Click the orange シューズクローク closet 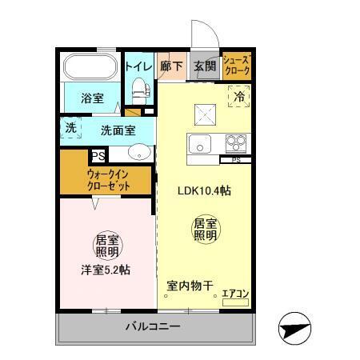click(x=237, y=66)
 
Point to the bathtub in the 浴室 click(x=90, y=66)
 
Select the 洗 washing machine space click(x=70, y=128)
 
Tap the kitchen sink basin click(x=199, y=145)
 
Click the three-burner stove click(x=236, y=144)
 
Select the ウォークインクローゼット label click(x=107, y=180)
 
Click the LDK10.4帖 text click(x=204, y=191)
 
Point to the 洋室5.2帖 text click(x=106, y=270)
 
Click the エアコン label click(x=235, y=294)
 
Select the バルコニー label click(x=152, y=327)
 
